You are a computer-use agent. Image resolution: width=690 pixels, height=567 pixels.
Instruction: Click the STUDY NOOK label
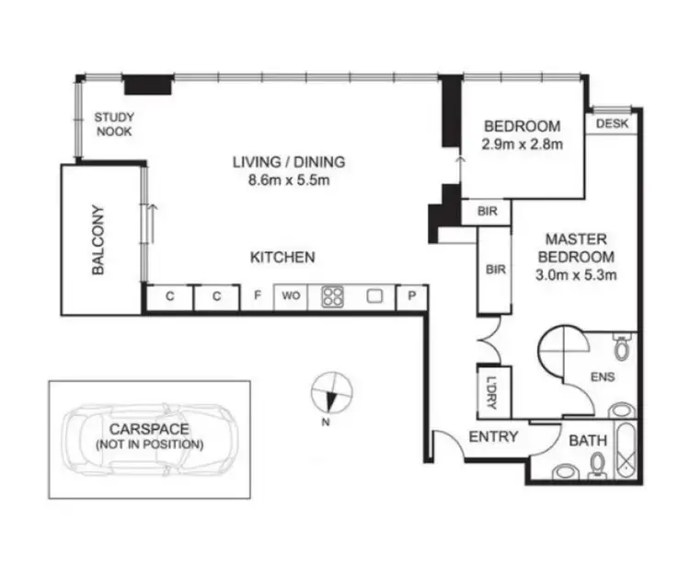pos(114,124)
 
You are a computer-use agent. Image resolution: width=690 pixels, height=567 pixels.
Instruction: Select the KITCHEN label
pos(283,257)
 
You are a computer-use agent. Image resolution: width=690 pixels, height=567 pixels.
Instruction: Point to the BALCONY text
pos(98,239)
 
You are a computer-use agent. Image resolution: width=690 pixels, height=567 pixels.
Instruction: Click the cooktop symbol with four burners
pos(332,296)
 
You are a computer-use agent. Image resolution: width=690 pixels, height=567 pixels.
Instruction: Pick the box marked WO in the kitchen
pos(292,296)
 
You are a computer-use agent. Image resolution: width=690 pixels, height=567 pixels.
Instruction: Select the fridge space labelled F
pos(258,296)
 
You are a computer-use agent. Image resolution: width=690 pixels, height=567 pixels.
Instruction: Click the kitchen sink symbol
pos(374,296)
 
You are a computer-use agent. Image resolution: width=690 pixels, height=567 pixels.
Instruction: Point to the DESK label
pos(613,124)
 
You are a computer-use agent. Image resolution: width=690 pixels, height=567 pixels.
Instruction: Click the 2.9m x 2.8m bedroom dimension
pos(522,144)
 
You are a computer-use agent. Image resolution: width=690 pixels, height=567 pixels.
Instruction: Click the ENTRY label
pos(494,436)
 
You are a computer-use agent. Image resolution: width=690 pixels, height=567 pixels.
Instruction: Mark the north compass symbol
pos(331,393)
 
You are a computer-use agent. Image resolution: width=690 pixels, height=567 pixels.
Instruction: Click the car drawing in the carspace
pos(150,439)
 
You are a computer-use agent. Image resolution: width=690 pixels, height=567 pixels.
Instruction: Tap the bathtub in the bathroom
pos(626,453)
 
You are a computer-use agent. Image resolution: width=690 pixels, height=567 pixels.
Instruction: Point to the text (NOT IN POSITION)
pos(149,444)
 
